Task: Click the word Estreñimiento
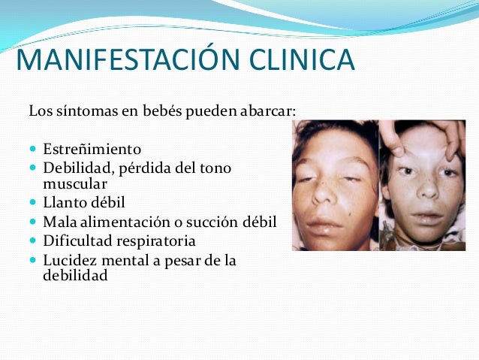[x=92, y=148]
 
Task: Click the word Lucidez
[x=68, y=261]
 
